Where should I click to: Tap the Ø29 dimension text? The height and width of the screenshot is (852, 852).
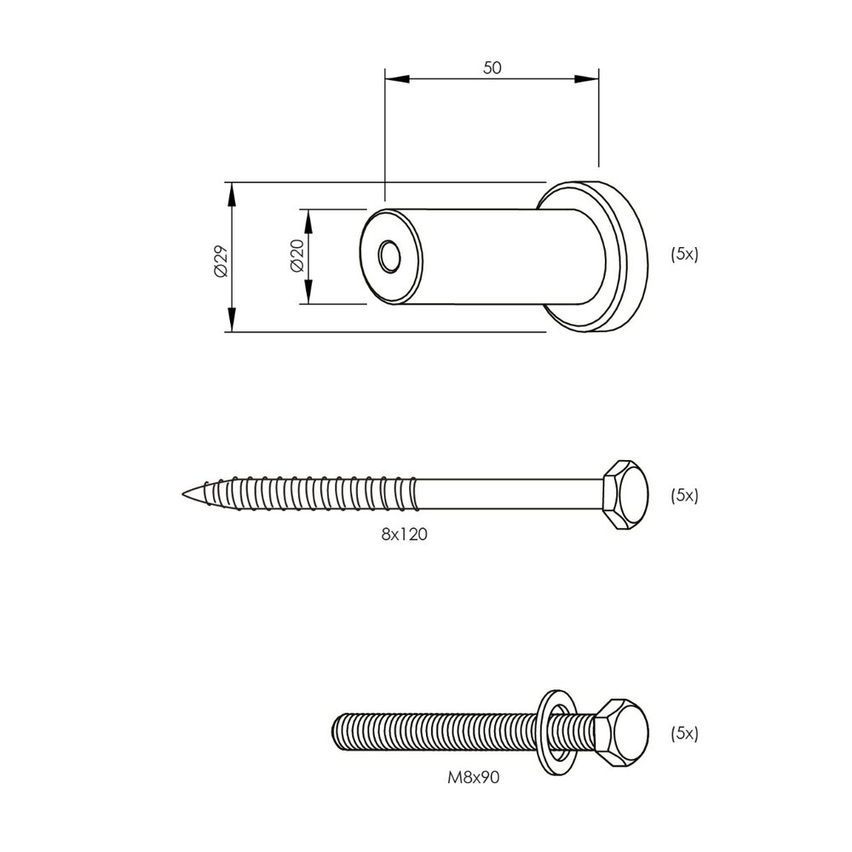[x=220, y=259]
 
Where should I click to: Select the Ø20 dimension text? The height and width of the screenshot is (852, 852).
[x=296, y=256]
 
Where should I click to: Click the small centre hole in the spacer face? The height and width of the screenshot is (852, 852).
[x=390, y=256]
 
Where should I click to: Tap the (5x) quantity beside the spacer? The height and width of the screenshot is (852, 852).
[x=684, y=254]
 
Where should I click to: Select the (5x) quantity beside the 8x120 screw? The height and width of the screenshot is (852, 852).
[x=684, y=495]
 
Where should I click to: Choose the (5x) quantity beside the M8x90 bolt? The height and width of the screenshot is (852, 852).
[x=684, y=733]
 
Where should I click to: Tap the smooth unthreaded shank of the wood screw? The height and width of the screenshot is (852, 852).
[x=511, y=494]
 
